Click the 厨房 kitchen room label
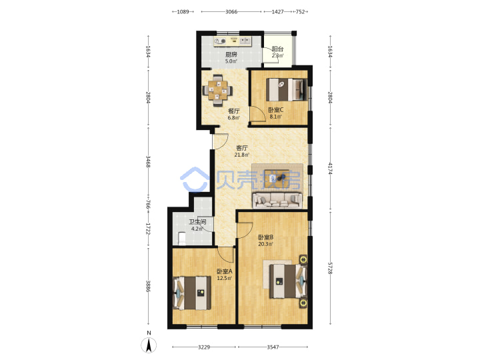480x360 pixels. point(231,55)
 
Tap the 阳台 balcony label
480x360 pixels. point(277,49)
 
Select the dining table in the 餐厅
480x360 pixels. point(217,90)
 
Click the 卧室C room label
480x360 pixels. point(275,109)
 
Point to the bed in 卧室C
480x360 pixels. point(286,90)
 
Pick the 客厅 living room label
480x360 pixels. point(241,148)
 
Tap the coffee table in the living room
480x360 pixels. point(277,177)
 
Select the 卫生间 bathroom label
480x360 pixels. point(197,222)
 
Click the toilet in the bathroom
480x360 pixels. point(182,239)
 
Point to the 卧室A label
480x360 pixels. point(225,271)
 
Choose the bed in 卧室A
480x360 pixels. point(192,293)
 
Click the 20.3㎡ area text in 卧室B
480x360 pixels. point(265,244)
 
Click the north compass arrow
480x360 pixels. point(149,345)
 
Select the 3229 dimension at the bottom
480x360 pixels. point(204,347)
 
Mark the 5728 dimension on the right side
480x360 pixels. point(330,268)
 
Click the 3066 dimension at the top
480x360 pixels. point(231,11)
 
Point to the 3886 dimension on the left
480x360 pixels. point(148,286)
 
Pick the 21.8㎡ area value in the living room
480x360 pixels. point(241,155)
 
